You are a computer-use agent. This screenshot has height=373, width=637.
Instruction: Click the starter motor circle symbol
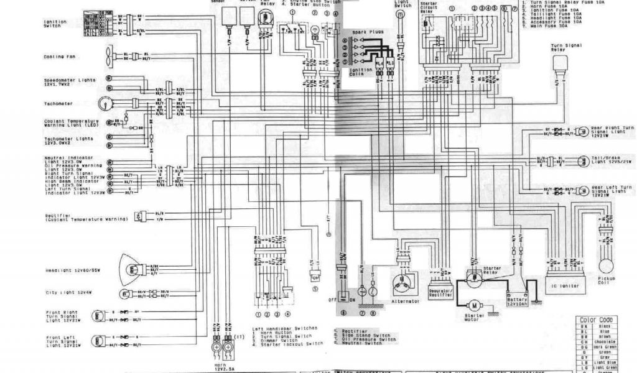474,305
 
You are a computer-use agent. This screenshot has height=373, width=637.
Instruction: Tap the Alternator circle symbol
402,283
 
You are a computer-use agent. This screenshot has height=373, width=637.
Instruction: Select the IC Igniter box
566,287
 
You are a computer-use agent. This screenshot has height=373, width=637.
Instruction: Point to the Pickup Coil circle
605,255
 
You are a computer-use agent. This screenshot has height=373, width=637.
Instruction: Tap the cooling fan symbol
111,55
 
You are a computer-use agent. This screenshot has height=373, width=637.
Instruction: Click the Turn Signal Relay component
560,63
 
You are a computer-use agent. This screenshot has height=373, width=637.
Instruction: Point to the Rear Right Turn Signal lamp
582,131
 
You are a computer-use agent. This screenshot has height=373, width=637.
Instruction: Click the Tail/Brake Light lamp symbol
582,160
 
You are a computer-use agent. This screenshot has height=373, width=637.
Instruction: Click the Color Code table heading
596,320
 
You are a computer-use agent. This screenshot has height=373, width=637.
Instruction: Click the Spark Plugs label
368,31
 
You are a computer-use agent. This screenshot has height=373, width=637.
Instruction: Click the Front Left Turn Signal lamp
98,341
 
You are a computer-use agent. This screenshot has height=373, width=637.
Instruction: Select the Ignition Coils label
361,72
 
